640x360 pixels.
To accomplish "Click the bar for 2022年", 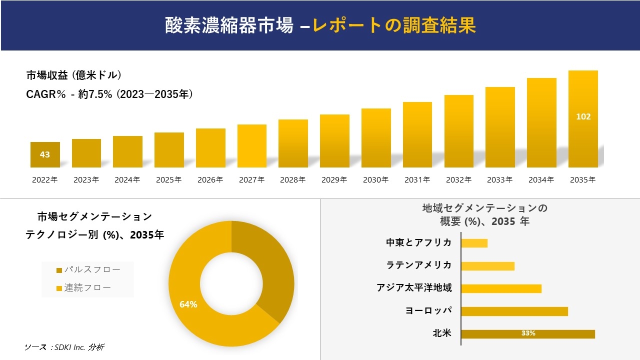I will pyautogui.click(x=45, y=155).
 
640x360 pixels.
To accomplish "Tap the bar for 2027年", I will pyautogui.click(x=252, y=146).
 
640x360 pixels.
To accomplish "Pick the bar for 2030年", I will pyautogui.click(x=376, y=138).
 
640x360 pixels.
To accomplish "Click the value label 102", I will pyautogui.click(x=583, y=116).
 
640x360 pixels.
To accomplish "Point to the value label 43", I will pyautogui.click(x=45, y=154).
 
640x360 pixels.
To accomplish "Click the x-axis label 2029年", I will pyautogui.click(x=334, y=180).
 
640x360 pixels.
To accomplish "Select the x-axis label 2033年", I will pyautogui.click(x=499, y=180).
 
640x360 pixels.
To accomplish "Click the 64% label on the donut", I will pyautogui.click(x=188, y=304).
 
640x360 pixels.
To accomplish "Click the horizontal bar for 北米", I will pyautogui.click(x=527, y=333).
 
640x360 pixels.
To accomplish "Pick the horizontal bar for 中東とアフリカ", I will pyautogui.click(x=474, y=243).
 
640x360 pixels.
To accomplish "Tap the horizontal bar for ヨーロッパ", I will pyautogui.click(x=514, y=311).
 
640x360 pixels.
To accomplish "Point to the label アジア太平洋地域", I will pyautogui.click(x=414, y=288).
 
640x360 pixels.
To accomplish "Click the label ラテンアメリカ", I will pyautogui.click(x=419, y=265).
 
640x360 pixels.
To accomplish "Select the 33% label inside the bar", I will pyautogui.click(x=527, y=333).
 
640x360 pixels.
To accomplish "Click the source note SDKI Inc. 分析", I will pyautogui.click(x=64, y=347).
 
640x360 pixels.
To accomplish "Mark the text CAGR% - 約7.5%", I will pyautogui.click(x=69, y=94).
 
